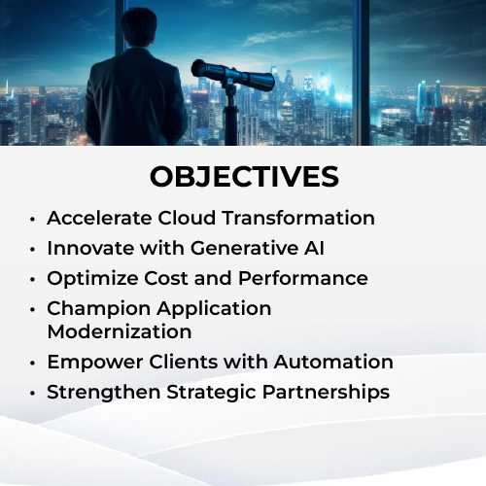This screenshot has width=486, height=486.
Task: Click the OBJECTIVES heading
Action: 244,177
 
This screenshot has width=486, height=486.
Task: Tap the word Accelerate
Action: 99,218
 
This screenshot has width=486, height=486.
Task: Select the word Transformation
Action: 298,218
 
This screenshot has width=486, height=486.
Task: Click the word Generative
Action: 245,248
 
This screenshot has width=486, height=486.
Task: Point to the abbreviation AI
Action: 314,248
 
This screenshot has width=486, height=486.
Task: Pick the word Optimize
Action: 92,278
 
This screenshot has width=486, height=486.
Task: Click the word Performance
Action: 303,278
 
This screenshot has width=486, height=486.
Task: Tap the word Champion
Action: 99,309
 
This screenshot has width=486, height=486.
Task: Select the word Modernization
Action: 120,331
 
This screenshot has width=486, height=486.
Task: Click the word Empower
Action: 95,363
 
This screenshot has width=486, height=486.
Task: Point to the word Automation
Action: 333,362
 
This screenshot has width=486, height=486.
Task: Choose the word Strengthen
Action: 104,393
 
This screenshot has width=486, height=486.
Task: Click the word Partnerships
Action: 326,393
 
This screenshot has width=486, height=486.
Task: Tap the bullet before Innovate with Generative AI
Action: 32,250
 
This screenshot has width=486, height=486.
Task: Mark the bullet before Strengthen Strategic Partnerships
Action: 32,394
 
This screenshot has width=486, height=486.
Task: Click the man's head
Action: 139,26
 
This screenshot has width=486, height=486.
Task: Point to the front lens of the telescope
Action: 196,68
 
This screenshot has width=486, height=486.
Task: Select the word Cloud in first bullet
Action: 187,218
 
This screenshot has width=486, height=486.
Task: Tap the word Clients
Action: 184,362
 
